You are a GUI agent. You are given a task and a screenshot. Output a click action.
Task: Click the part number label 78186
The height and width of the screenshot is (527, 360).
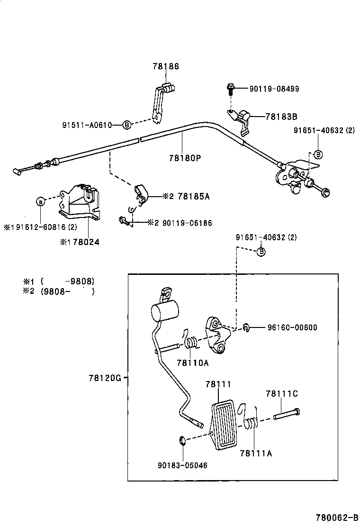click(165, 67)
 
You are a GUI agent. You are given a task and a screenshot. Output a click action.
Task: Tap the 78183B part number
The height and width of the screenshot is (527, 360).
click(281, 116)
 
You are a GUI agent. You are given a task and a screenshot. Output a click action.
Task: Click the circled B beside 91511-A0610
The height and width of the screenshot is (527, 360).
click(127, 125)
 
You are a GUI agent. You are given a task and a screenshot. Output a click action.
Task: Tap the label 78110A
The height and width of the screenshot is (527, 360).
click(192, 363)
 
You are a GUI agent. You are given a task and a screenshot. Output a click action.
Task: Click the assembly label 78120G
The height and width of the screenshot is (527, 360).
click(105, 378)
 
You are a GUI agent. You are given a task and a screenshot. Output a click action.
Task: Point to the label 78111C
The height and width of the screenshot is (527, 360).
click(281, 393)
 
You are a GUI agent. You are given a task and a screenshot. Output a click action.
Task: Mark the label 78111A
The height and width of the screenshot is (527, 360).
click(256, 453)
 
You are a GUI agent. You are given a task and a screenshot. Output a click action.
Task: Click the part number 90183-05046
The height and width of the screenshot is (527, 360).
click(183, 465)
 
